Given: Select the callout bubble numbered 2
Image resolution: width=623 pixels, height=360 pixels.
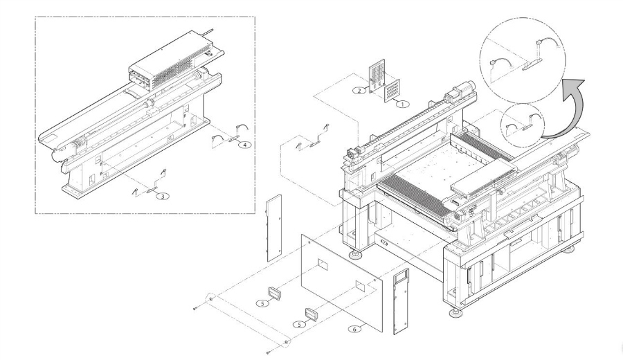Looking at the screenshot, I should [x=359, y=91].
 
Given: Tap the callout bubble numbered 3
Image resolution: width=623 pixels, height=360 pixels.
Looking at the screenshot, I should [x=161, y=197].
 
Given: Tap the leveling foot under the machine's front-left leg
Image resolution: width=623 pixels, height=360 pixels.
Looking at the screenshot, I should [x=358, y=255].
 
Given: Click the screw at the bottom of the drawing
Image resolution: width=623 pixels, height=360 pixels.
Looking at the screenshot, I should [x=268, y=352].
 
